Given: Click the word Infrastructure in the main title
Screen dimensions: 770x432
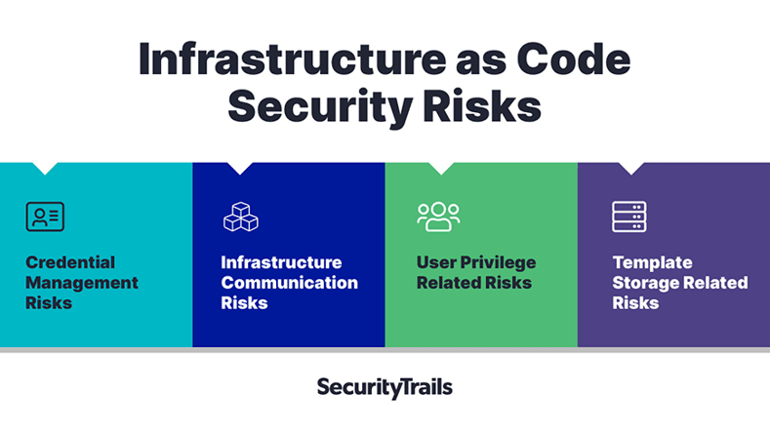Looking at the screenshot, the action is coord(293,59).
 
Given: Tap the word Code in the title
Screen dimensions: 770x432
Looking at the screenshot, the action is coord(573,59).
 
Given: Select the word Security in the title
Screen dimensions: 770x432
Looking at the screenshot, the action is coord(320,106).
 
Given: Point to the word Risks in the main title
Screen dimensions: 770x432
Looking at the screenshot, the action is coord(482,106).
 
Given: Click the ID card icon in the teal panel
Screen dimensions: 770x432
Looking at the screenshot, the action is coord(45,216).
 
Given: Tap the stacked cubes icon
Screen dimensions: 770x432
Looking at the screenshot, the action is coord(241,216).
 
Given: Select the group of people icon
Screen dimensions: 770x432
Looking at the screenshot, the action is coord(438,216).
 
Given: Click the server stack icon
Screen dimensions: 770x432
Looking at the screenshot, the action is coord(629,216).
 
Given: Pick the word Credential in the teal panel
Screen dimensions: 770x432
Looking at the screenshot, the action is coord(70,262).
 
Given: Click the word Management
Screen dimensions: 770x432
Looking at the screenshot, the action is coord(82,283).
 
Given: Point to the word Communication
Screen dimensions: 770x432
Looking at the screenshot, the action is coord(289,283).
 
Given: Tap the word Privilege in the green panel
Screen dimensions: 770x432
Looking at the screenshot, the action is coord(498,262).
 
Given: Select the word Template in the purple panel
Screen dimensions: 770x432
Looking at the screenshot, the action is coord(652,262).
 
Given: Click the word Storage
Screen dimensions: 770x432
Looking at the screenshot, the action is coord(644,283).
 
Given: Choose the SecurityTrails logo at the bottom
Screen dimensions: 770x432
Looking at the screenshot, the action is coord(385,388).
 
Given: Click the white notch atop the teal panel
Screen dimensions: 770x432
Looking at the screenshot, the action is coord(45,168).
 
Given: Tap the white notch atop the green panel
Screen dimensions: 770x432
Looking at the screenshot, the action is coord(441,168).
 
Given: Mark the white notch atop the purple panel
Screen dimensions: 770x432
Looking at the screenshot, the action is coord(631,168).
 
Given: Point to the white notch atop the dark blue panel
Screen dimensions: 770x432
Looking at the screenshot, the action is coord(240,168).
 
